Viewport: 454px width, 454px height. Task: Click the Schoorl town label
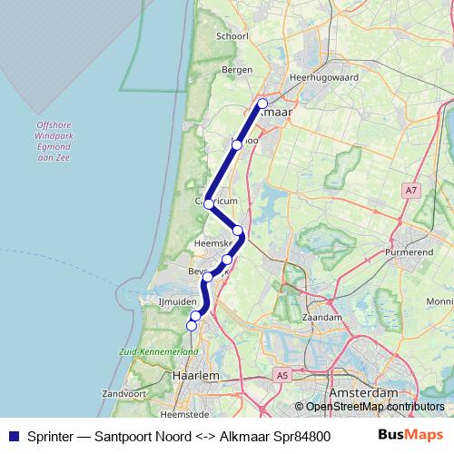pos(232,36)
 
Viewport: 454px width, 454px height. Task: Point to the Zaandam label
pos(324,318)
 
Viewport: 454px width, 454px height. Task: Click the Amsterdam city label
pos(366,391)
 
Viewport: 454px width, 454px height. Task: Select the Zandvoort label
pos(124,394)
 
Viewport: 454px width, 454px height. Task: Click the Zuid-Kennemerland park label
pos(158,350)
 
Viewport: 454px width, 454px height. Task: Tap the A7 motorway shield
pos(411,190)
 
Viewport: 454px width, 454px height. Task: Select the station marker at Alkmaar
pos(262,104)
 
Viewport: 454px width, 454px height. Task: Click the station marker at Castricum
pos(209,203)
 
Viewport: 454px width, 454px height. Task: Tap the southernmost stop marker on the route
pos(192,325)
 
